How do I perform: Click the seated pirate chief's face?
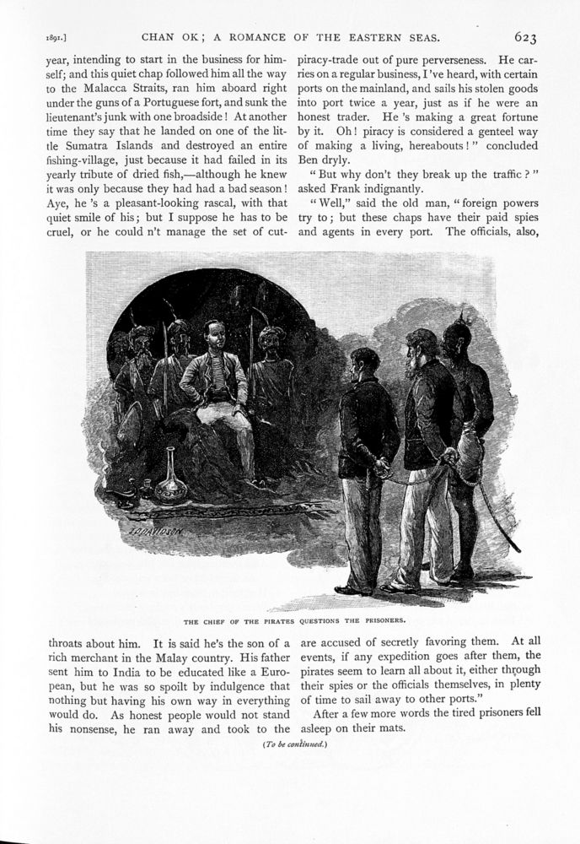click(x=217, y=339)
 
